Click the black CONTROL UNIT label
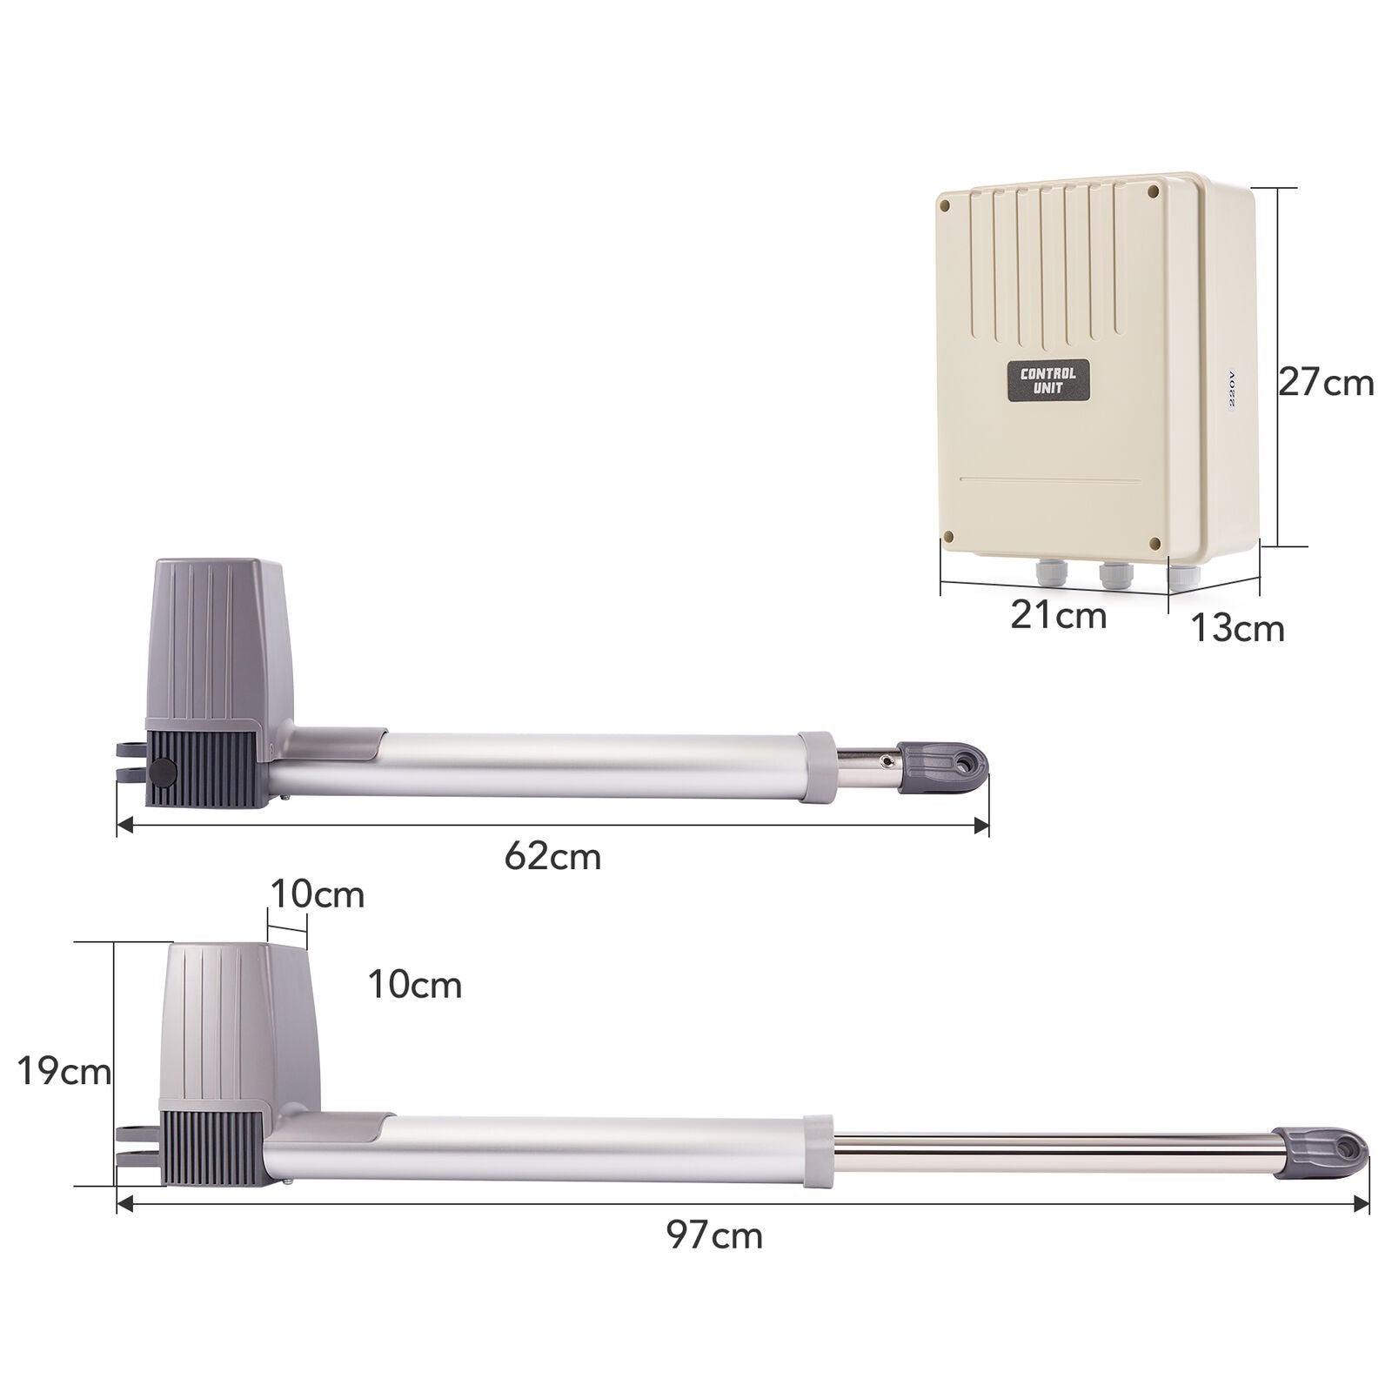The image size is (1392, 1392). tap(1049, 381)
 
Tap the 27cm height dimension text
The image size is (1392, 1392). tap(1326, 383)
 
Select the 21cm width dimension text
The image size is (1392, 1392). tap(1058, 616)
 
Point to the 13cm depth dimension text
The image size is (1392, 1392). tap(1236, 628)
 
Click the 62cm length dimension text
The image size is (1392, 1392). tap(552, 856)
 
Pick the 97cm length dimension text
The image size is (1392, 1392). tap(715, 1235)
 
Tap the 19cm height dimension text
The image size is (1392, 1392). tap(64, 1072)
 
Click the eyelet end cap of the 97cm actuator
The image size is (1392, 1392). tap(1320, 1152)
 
